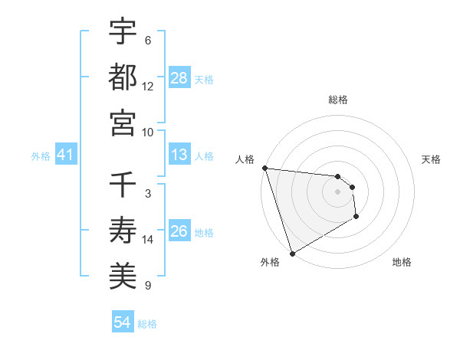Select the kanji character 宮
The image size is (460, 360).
[x=123, y=123]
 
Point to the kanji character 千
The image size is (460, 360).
[x=123, y=185]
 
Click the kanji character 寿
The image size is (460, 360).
[x=123, y=231]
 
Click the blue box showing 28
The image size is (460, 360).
[x=179, y=77]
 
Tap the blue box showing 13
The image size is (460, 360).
[x=179, y=155]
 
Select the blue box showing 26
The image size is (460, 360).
[x=179, y=231]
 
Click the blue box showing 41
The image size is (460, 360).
[x=66, y=155]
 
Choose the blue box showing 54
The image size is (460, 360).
[x=123, y=322]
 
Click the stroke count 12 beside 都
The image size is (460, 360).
[x=148, y=87]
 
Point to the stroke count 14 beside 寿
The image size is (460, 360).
[x=148, y=240]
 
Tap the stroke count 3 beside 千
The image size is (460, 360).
[x=148, y=195]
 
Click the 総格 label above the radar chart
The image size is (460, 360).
[x=338, y=100]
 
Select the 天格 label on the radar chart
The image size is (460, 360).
[x=431, y=159]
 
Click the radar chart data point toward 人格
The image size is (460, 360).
[x=264, y=168]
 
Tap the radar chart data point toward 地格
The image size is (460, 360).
[x=356, y=218]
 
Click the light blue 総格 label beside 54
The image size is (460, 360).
[x=147, y=324]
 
